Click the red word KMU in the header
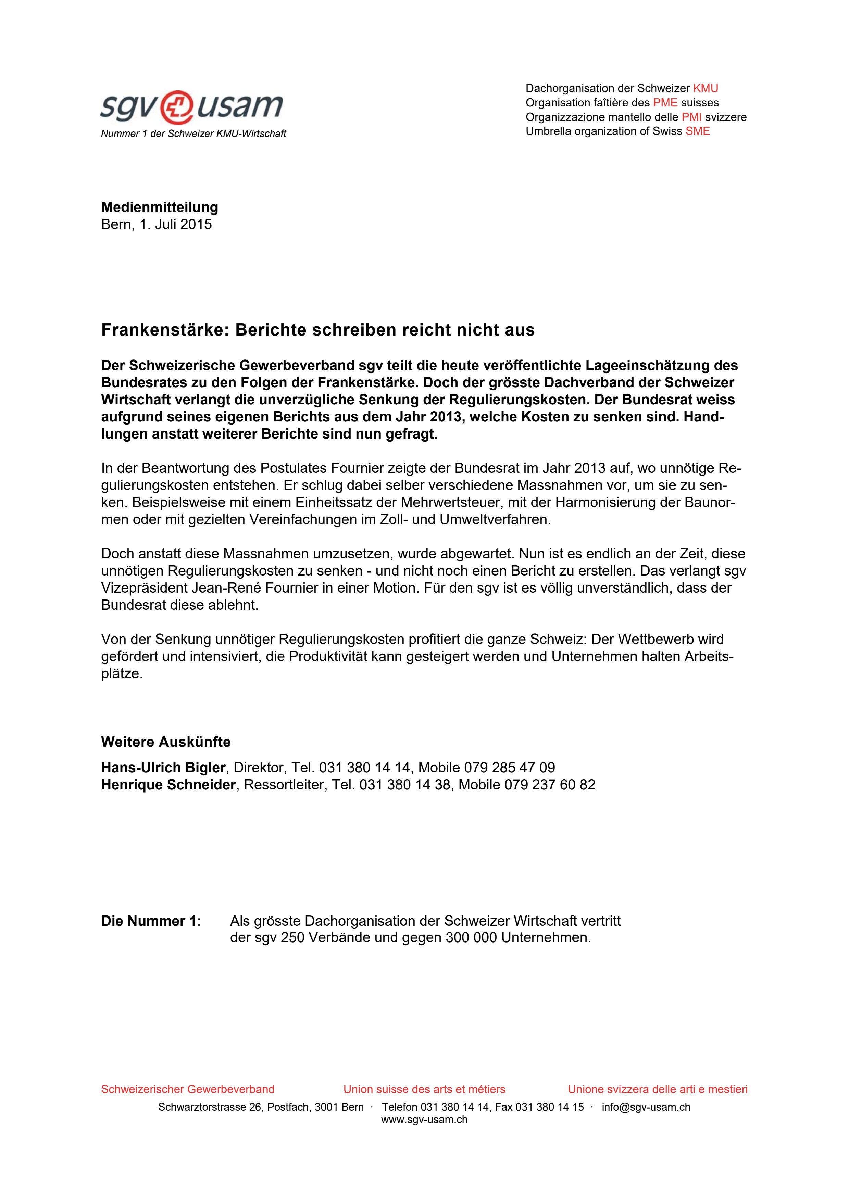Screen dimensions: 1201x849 pyautogui.click(x=705, y=88)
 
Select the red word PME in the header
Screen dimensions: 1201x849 pyautogui.click(x=665, y=102)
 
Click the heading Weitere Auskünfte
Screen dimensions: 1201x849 pyautogui.click(x=166, y=742)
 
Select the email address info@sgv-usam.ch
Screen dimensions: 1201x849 pyautogui.click(x=646, y=1107)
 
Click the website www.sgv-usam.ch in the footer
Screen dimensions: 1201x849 pyautogui.click(x=424, y=1120)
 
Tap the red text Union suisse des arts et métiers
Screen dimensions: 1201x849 pyautogui.click(x=424, y=1089)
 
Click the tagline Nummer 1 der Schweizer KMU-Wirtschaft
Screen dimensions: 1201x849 pyautogui.click(x=193, y=134)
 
